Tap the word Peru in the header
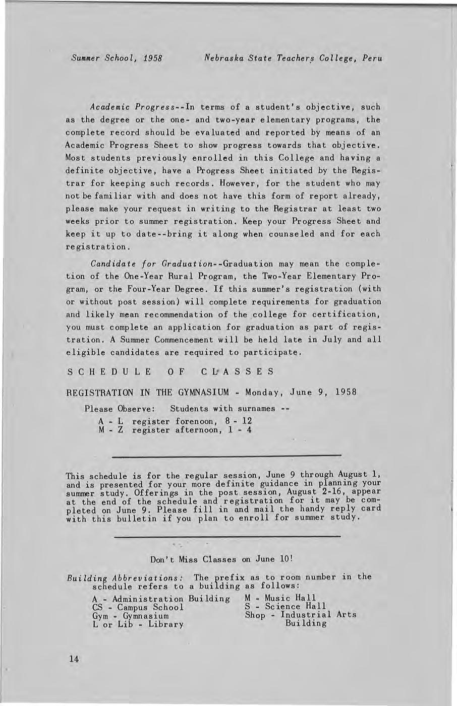372,58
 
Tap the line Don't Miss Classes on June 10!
222,559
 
